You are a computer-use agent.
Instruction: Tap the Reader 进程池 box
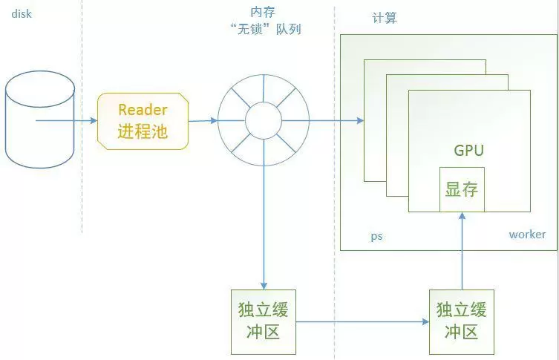(143, 121)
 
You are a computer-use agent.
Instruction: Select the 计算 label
(384, 18)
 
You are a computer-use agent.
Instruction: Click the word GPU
(468, 151)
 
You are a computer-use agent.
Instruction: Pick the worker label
(527, 235)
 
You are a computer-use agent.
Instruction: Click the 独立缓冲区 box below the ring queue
(264, 321)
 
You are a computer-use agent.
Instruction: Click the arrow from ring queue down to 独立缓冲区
(264, 223)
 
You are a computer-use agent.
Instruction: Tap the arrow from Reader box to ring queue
(202, 121)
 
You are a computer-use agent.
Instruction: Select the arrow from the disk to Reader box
(67, 120)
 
